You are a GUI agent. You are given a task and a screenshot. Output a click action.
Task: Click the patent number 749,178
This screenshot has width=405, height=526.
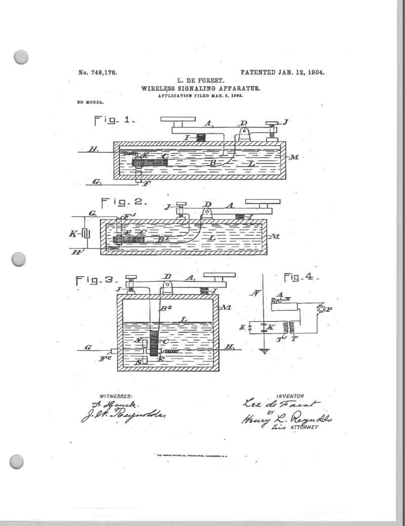point(98,72)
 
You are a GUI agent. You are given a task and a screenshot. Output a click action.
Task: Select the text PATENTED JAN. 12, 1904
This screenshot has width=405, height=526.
point(282,72)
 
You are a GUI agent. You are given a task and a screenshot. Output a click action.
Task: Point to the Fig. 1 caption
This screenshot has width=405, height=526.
point(114,120)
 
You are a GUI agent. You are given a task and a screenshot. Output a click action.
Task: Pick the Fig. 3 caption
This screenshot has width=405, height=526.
point(96,280)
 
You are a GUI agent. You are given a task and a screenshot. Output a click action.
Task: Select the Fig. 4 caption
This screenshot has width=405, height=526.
point(301,277)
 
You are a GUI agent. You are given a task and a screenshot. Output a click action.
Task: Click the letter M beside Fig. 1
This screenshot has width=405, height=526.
point(294,157)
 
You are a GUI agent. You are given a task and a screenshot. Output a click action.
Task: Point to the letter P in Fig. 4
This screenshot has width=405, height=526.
point(329,310)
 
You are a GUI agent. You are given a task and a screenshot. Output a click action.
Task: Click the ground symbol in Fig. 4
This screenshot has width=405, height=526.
point(264,350)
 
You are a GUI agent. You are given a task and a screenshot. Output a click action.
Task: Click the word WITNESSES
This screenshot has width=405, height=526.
point(116,396)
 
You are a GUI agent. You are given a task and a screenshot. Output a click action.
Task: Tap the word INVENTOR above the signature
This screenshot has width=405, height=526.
point(290,396)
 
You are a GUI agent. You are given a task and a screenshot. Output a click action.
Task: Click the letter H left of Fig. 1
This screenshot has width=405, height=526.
point(92,149)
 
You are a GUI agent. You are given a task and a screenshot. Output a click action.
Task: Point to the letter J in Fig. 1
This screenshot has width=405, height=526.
point(286,122)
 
